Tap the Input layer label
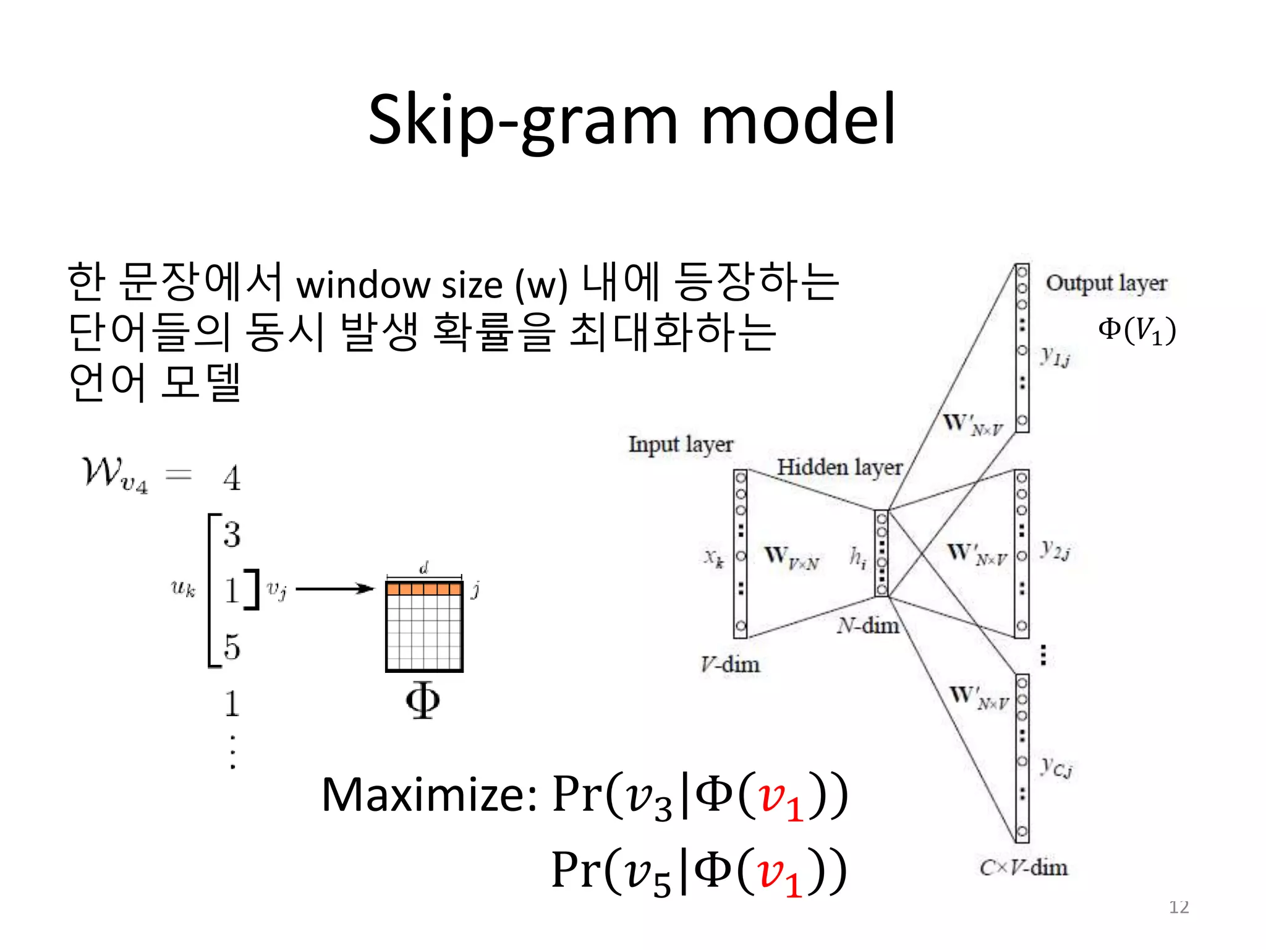[681, 444]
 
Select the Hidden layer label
[839, 467]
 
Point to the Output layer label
[1106, 283]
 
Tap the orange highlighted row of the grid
[424, 588]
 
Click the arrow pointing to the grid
[335, 589]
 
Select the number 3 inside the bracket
[232, 534]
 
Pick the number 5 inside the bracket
[232, 647]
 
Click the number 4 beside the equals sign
[232, 478]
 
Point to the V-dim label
[730, 664]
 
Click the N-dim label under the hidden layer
[868, 626]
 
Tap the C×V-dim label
[1024, 867]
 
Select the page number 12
[1179, 907]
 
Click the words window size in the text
[399, 285]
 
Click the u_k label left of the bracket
[183, 588]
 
